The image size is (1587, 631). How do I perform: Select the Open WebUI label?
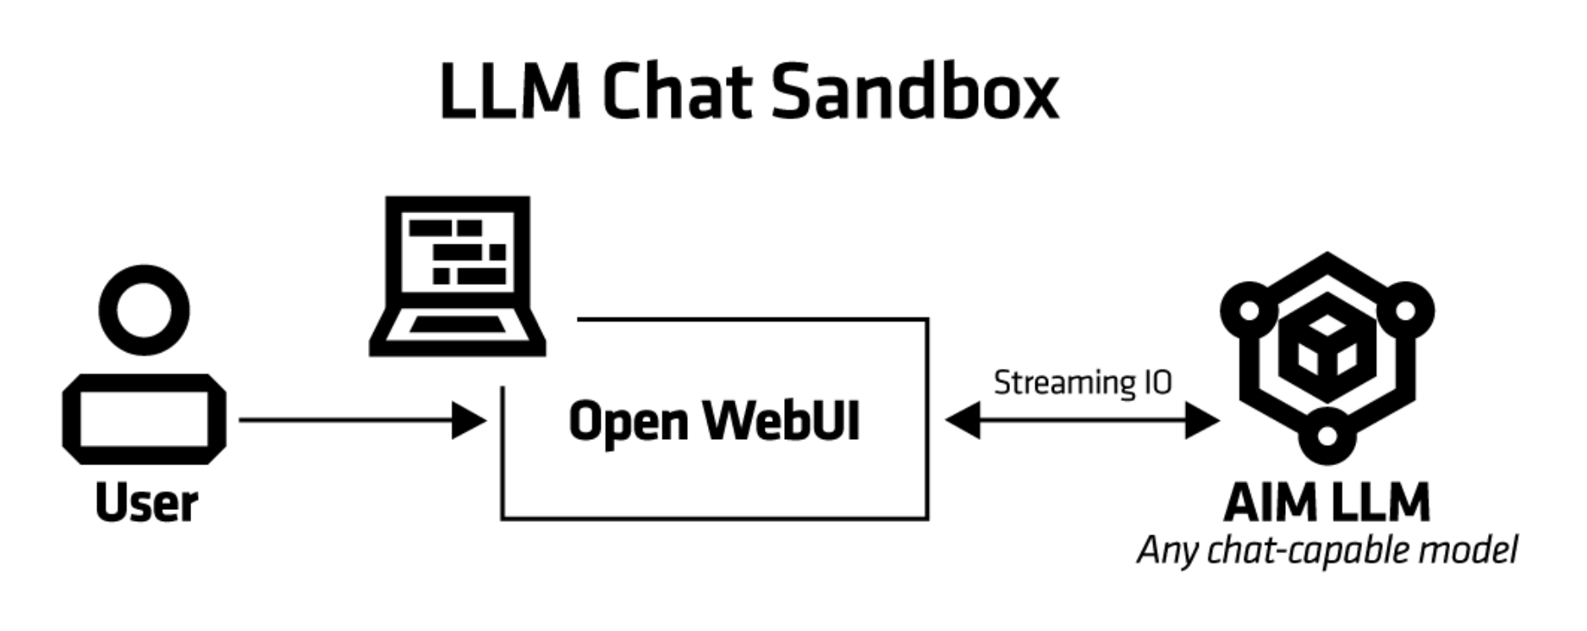point(714,420)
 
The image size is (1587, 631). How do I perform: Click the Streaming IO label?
point(1082,382)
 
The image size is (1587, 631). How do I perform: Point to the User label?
point(146,503)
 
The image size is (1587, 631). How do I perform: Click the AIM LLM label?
point(1326,503)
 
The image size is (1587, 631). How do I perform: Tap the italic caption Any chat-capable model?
point(1326,551)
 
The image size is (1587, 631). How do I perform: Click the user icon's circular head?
point(144,310)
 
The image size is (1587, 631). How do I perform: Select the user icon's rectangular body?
point(144,420)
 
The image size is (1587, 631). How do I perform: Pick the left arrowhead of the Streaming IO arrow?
point(962,420)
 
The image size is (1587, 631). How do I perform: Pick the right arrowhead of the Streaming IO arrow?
point(1202,420)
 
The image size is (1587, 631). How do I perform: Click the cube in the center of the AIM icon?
point(1326,348)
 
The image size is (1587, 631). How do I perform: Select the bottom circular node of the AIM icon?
point(1327,436)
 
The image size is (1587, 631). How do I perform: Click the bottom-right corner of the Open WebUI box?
point(927,518)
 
